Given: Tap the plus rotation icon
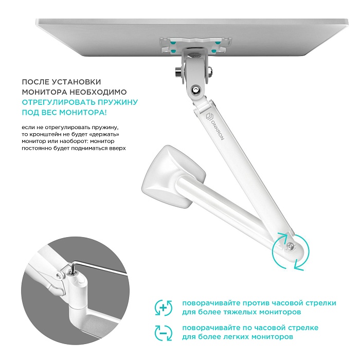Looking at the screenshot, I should (163, 308).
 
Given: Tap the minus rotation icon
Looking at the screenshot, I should (163, 332).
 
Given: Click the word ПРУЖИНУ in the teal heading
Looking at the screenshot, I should (119, 102).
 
